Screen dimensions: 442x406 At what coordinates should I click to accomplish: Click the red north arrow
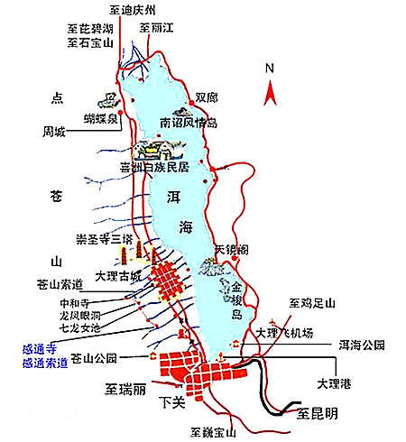point(269,91)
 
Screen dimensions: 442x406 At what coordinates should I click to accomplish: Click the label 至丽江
point(157,27)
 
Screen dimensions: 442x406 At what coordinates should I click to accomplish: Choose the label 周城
point(54,132)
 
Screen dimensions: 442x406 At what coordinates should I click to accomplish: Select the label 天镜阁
point(229,247)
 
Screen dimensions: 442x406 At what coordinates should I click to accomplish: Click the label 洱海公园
point(362,345)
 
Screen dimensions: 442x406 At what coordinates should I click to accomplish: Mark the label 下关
point(171,401)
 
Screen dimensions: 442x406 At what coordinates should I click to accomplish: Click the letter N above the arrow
point(269,69)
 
